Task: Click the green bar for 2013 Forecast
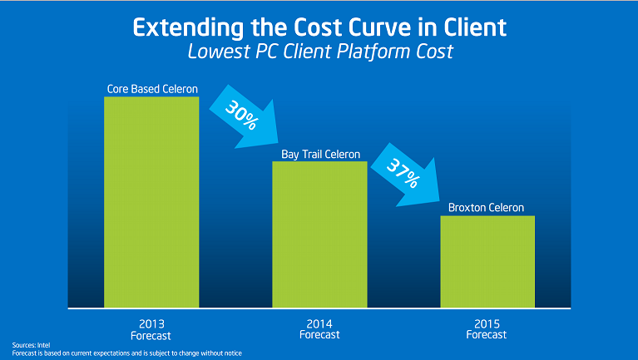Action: pyautogui.click(x=151, y=202)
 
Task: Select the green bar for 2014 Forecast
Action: pyautogui.click(x=319, y=234)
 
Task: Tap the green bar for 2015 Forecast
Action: pyautogui.click(x=487, y=261)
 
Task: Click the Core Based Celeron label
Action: pyautogui.click(x=151, y=89)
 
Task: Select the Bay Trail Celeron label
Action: pyautogui.click(x=320, y=154)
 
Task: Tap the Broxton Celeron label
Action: pyautogui.click(x=487, y=208)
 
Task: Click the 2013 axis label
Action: pyautogui.click(x=151, y=323)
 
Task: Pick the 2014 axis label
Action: pyautogui.click(x=319, y=323)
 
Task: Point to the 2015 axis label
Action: pyautogui.click(x=487, y=323)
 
